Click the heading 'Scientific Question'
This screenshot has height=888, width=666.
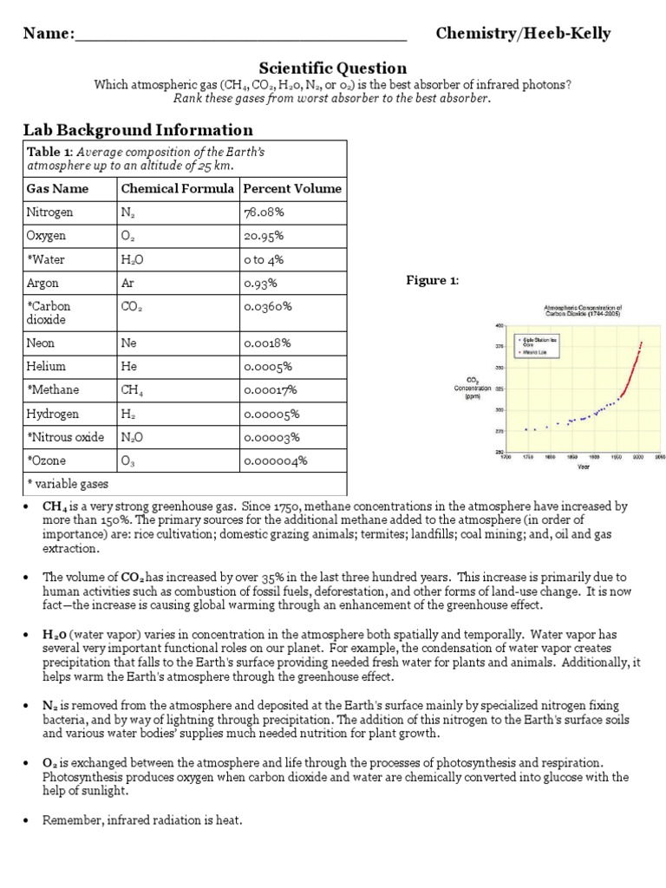coord(333,68)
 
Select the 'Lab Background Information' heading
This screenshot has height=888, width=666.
coord(138,130)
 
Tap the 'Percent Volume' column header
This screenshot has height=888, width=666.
coord(292,188)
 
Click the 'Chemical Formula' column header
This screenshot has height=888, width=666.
coord(177,188)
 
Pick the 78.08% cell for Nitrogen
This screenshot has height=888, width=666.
coord(264,212)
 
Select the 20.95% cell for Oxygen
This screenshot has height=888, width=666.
coord(264,236)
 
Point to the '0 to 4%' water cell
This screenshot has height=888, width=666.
coord(264,259)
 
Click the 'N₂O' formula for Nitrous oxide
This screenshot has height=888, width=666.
coord(133,437)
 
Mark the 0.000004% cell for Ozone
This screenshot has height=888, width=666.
coord(276,460)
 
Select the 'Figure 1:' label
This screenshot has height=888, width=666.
coord(433,280)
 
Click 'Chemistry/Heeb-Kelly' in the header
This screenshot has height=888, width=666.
coord(523,34)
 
